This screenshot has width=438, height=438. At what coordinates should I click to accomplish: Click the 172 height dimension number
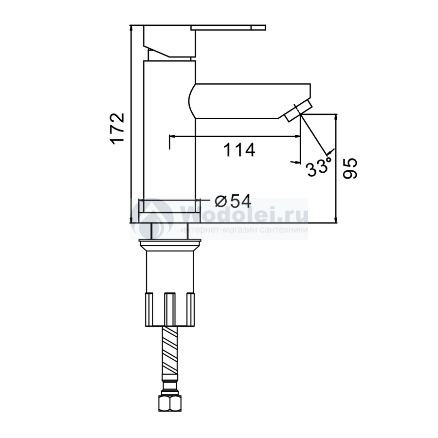pos(117,129)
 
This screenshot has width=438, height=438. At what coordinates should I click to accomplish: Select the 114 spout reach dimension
pos(239,150)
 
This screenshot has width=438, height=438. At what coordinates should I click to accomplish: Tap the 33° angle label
pos(319,167)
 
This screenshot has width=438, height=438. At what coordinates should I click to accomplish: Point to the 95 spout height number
pos(350,168)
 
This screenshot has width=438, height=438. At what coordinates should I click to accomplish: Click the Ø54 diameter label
pos(233,201)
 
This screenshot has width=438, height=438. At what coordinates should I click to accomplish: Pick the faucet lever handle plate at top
pos(228,28)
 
